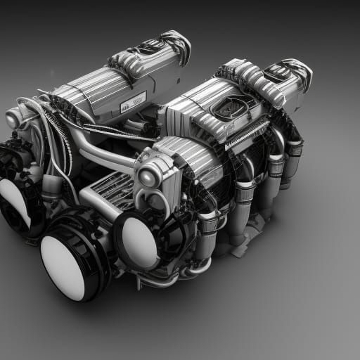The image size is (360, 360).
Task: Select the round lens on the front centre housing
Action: tap(148, 176)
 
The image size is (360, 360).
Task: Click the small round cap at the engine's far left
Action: tap(13, 119)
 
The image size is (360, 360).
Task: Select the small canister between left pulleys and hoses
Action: tap(51, 187)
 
